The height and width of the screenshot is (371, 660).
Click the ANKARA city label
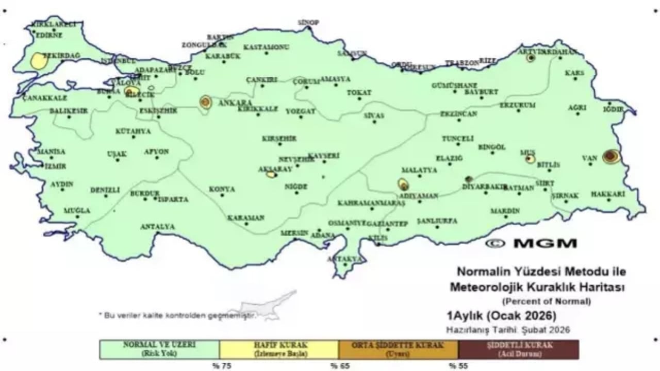pos(235,103)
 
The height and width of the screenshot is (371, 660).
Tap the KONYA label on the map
pos(222,189)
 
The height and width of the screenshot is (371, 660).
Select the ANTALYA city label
pos(158,227)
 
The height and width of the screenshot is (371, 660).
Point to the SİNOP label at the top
pos(309,22)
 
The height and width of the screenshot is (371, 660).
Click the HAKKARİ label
pos(608,194)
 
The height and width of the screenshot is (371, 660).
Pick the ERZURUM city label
pos(517,105)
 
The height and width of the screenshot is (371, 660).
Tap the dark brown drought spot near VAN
pos(611,156)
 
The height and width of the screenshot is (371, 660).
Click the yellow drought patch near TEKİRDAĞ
pos(39,61)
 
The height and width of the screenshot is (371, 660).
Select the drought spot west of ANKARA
pos(205,102)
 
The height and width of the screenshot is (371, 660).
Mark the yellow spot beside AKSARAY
pos(271,175)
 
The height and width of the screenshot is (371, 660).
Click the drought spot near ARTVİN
pos(530,58)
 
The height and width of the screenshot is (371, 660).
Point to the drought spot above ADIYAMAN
pos(403,184)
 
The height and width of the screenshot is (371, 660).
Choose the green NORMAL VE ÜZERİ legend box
pos(159,349)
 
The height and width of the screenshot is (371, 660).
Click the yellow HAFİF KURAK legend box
pos(279,349)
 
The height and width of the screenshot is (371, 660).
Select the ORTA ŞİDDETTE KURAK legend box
pos(399,349)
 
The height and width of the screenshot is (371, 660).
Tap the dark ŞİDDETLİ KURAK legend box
pos(518,349)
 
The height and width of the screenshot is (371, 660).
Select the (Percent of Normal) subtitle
pos(547,301)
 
